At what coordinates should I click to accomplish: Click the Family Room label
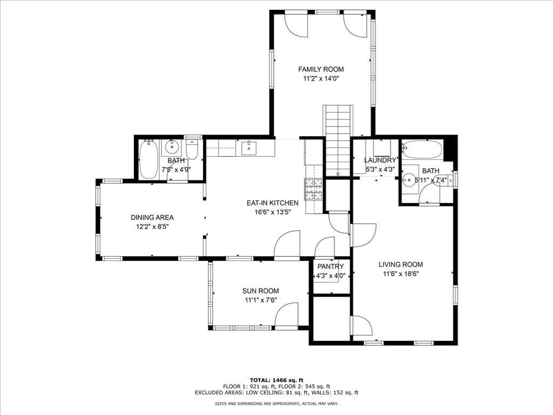point(321,70)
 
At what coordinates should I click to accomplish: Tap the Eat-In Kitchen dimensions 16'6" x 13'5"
point(272,212)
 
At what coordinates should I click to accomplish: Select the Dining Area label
point(152,218)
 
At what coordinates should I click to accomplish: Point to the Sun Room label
point(261,291)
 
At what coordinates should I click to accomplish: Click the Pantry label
point(331,267)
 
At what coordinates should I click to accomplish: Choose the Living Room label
point(401,265)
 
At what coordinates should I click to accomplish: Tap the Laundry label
point(380,160)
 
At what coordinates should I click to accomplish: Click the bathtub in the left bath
point(148,159)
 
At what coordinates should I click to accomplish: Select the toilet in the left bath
point(192,150)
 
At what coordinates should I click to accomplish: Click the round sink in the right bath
point(409,179)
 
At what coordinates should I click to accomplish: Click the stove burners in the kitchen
point(314,190)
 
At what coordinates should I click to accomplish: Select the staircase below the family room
point(338,140)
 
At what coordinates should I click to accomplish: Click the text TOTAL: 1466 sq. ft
point(276,380)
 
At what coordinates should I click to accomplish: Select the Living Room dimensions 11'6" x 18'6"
point(401,274)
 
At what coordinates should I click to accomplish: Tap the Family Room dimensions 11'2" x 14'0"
point(321,79)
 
